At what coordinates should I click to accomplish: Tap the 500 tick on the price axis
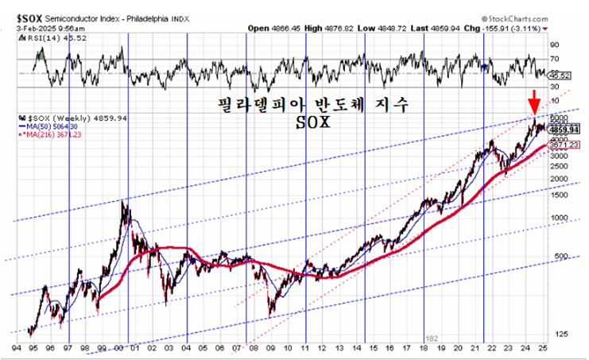(x=562, y=256)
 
